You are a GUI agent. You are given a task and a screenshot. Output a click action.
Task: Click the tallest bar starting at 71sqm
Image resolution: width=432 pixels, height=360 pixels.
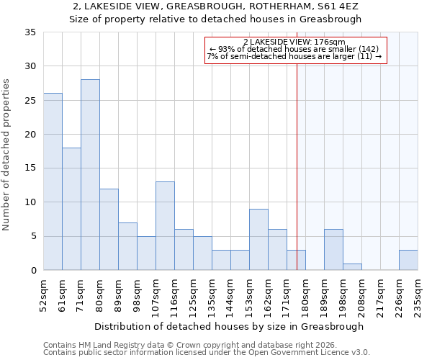[x=90, y=175]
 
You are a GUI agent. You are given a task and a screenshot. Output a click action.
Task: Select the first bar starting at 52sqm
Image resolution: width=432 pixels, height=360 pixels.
[x=53, y=181]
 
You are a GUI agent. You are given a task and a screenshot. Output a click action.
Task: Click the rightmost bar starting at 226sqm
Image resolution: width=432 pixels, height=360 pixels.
[x=408, y=260]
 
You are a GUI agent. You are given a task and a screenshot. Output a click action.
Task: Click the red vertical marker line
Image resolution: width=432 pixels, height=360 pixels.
[x=297, y=166]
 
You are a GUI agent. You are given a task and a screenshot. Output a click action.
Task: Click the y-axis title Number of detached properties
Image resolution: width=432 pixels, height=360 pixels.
[x=6, y=154]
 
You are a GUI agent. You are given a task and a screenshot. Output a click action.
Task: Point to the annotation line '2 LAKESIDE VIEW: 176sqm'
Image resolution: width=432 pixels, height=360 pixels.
[x=294, y=42]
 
